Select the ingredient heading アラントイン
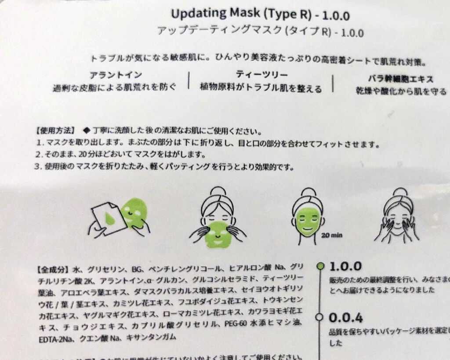coord(116,75)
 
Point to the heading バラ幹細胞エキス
coord(400,79)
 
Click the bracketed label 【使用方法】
coord(56,131)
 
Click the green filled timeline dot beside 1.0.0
coord(321,265)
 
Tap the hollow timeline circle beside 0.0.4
coord(321,316)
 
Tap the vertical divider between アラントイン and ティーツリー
coord(189,80)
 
